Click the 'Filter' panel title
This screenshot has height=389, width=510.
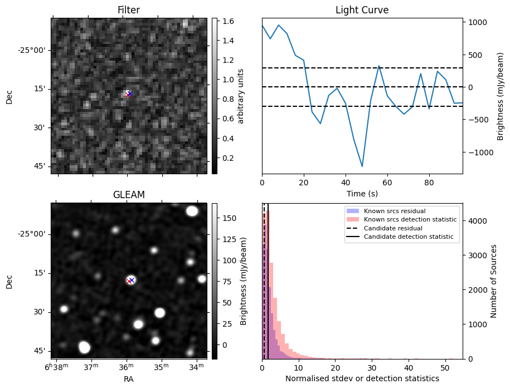[128, 10]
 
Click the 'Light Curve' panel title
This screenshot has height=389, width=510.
[362, 10]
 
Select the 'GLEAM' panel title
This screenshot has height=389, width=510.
[128, 195]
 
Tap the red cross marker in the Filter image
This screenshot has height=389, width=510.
[129, 95]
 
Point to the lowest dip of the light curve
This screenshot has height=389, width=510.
[362, 166]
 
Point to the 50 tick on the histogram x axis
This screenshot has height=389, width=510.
[444, 367]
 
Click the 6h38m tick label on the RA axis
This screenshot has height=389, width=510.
[57, 367]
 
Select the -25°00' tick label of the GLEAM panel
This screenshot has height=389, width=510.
[32, 234]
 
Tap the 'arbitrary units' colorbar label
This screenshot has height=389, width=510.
[241, 96]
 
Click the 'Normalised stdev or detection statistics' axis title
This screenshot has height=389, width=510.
[362, 378]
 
